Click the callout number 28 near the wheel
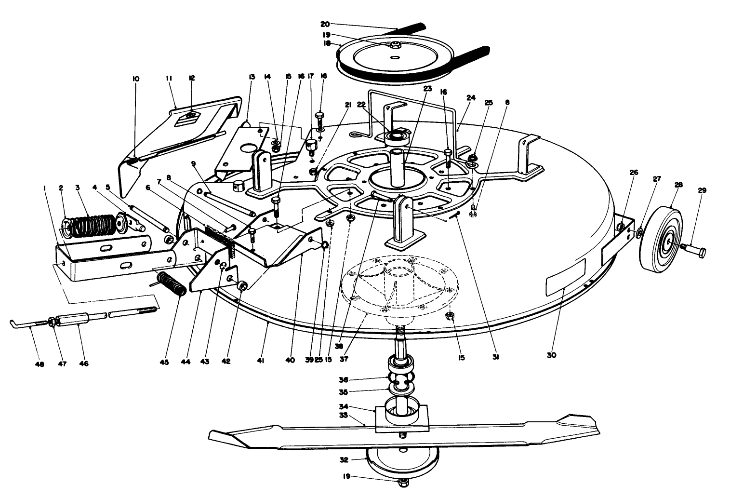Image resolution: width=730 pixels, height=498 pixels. coord(678,185)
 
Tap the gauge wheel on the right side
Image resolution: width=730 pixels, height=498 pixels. coord(661,240)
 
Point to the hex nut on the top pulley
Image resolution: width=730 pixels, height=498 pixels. coord(394,45)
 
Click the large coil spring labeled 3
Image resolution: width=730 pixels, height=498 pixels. coord(96,225)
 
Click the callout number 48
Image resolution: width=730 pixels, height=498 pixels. coord(40,364)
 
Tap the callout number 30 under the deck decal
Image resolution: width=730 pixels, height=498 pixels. coord(551,355)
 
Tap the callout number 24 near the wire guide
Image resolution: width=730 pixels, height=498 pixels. coord(471,97)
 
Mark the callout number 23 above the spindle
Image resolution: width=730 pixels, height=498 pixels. coord(427,89)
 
